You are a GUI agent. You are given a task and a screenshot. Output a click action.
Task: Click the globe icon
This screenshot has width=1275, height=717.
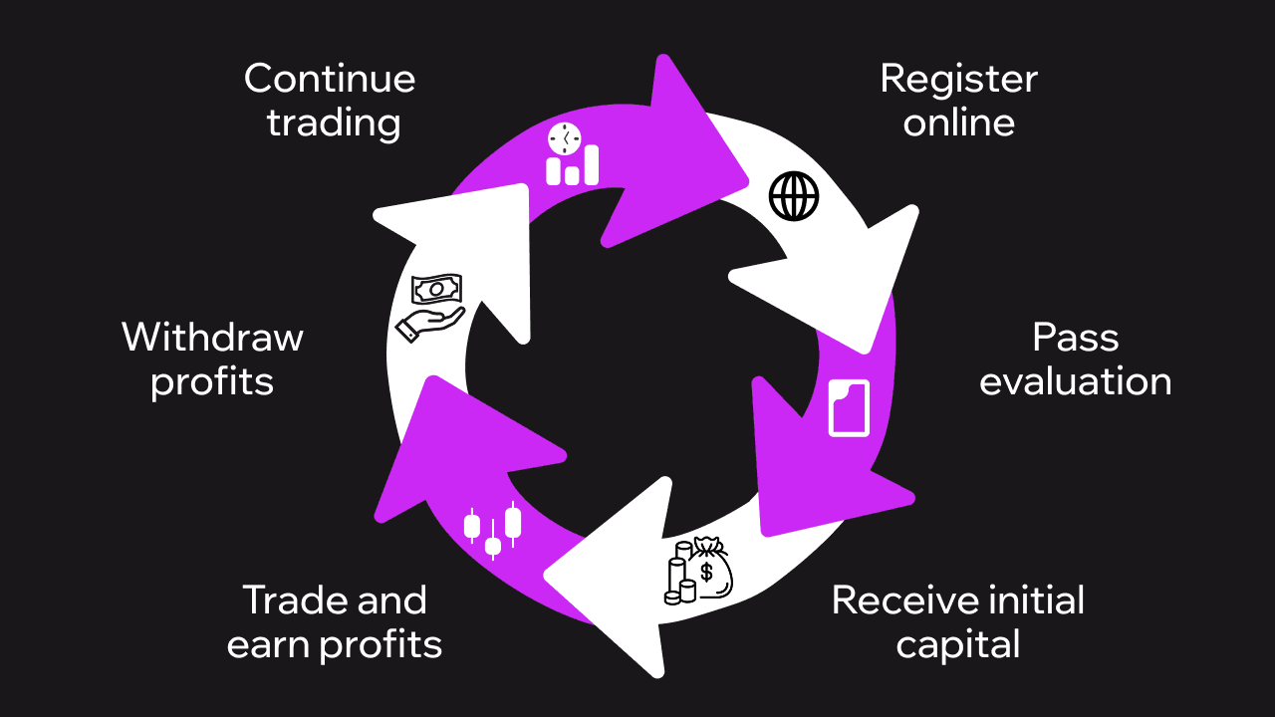click(794, 196)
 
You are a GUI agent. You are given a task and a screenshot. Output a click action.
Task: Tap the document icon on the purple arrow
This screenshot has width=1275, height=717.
click(850, 406)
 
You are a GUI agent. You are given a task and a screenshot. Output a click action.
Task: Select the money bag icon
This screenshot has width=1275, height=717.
click(700, 570)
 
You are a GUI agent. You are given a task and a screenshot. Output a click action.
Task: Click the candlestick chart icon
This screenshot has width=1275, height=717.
click(493, 529)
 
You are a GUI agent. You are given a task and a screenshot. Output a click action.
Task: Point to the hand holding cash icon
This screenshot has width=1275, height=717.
click(430, 308)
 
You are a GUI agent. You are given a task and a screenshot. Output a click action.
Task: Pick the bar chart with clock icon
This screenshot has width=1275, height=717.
click(572, 154)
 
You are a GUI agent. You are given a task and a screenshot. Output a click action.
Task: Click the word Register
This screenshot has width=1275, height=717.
click(958, 79)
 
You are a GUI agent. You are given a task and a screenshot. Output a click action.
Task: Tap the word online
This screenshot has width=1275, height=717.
click(958, 122)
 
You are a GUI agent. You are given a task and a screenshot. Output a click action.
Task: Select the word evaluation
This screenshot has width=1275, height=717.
click(1075, 381)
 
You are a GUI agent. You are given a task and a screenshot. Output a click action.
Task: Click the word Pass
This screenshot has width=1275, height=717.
click(1075, 338)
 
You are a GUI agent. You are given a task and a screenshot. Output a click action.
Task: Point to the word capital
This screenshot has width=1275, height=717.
click(958, 644)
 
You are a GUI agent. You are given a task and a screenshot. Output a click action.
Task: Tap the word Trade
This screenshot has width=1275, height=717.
click(291, 600)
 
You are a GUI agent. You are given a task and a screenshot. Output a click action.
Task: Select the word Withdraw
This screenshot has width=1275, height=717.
click(212, 338)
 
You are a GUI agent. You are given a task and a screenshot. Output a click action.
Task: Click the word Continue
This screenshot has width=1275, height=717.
click(330, 79)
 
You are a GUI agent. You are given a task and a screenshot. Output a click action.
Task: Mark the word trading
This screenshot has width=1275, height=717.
click(334, 123)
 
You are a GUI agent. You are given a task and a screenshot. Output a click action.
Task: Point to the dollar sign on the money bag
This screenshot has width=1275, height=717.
click(707, 572)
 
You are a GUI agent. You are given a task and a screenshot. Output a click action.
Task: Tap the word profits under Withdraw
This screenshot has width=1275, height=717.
click(212, 382)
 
